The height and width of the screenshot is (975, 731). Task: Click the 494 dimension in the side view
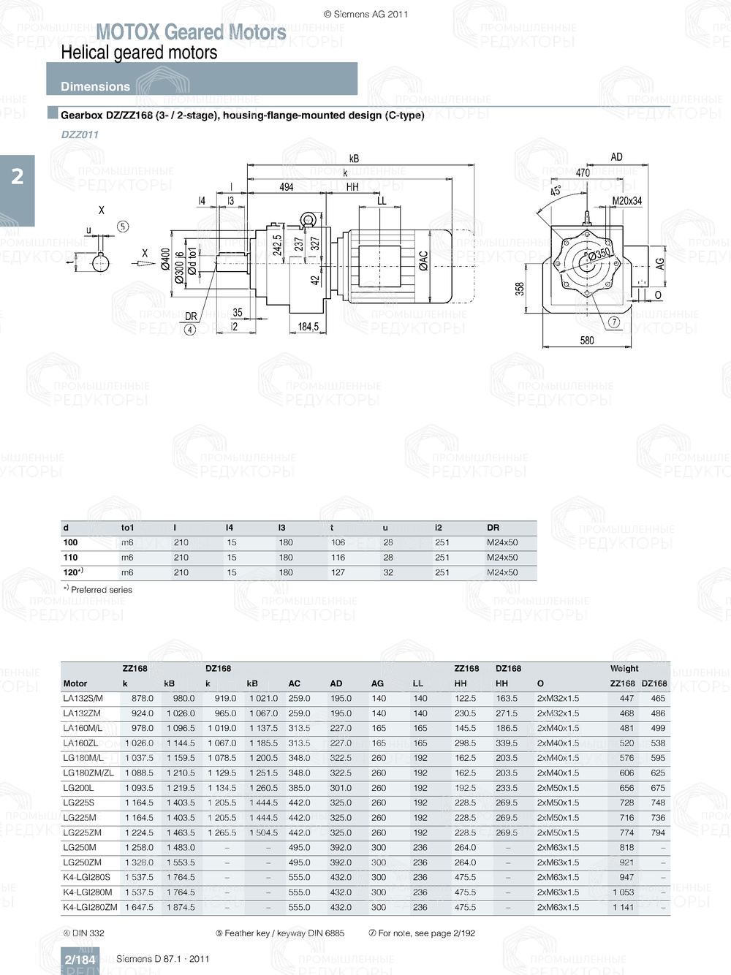(287, 187)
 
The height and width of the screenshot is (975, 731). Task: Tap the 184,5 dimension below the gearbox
(308, 327)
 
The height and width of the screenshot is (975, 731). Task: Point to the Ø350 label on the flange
(599, 254)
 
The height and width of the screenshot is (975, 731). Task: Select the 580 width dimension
(587, 341)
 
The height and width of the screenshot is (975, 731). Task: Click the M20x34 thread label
(626, 201)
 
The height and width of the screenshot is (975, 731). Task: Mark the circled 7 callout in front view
(614, 322)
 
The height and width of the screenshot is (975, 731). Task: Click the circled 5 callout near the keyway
(123, 227)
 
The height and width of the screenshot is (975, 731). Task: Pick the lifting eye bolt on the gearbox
(308, 220)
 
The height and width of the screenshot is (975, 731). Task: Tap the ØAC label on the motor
(423, 261)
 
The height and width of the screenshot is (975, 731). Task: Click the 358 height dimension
(520, 289)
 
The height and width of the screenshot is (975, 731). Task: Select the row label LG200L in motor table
(78, 788)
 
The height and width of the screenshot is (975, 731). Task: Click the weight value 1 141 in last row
(623, 907)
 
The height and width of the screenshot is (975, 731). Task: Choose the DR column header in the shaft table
(493, 528)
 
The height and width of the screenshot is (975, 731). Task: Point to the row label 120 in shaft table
(72, 572)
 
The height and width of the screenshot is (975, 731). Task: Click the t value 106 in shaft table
(338, 542)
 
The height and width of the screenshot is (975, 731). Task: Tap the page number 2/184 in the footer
(80, 960)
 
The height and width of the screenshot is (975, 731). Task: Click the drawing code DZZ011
(80, 134)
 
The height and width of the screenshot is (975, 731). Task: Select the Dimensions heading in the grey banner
(95, 86)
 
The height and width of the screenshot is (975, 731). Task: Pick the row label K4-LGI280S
(86, 877)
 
